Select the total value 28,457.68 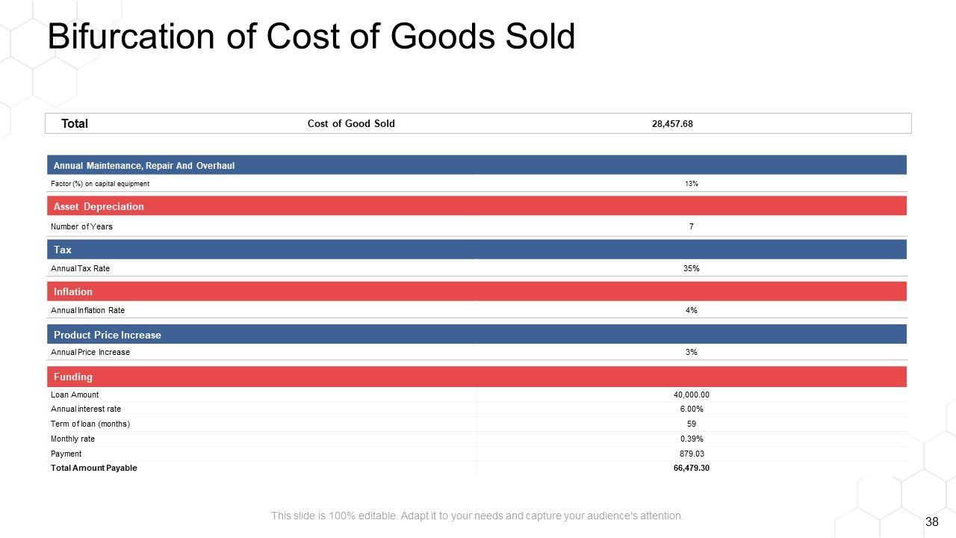672,124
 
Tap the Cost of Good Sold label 351,123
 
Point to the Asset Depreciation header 99,206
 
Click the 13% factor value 692,184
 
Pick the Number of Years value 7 692,226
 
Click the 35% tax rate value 692,268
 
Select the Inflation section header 73,291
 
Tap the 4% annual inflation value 692,310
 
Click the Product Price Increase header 107,335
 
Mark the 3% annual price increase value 692,352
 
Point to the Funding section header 73,377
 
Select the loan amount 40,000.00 692,395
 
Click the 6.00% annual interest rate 692,409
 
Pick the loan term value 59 692,424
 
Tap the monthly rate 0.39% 692,439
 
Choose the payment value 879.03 692,454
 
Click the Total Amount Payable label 94,468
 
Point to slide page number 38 931,522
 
